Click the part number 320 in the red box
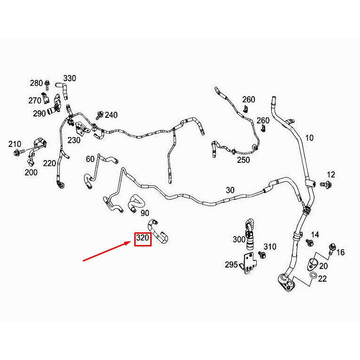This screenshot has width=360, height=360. [x=143, y=238]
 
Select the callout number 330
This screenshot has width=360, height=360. [x=69, y=78]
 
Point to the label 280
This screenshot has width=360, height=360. [x=36, y=83]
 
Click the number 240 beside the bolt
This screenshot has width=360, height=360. [x=111, y=115]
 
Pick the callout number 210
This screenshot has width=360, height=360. [x=15, y=144]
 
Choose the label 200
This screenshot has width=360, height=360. [x=31, y=172]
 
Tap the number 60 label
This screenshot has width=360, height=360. [x=90, y=159]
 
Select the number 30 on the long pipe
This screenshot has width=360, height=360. [x=230, y=190]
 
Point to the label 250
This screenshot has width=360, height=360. [x=243, y=160]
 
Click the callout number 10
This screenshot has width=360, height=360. [x=309, y=138]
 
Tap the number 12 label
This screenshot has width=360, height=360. [x=331, y=174]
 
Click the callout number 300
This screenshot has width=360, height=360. [x=239, y=239]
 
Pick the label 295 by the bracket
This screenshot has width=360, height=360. [x=231, y=265]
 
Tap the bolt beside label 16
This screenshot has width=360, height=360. [x=332, y=247]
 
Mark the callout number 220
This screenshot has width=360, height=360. [x=49, y=163]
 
